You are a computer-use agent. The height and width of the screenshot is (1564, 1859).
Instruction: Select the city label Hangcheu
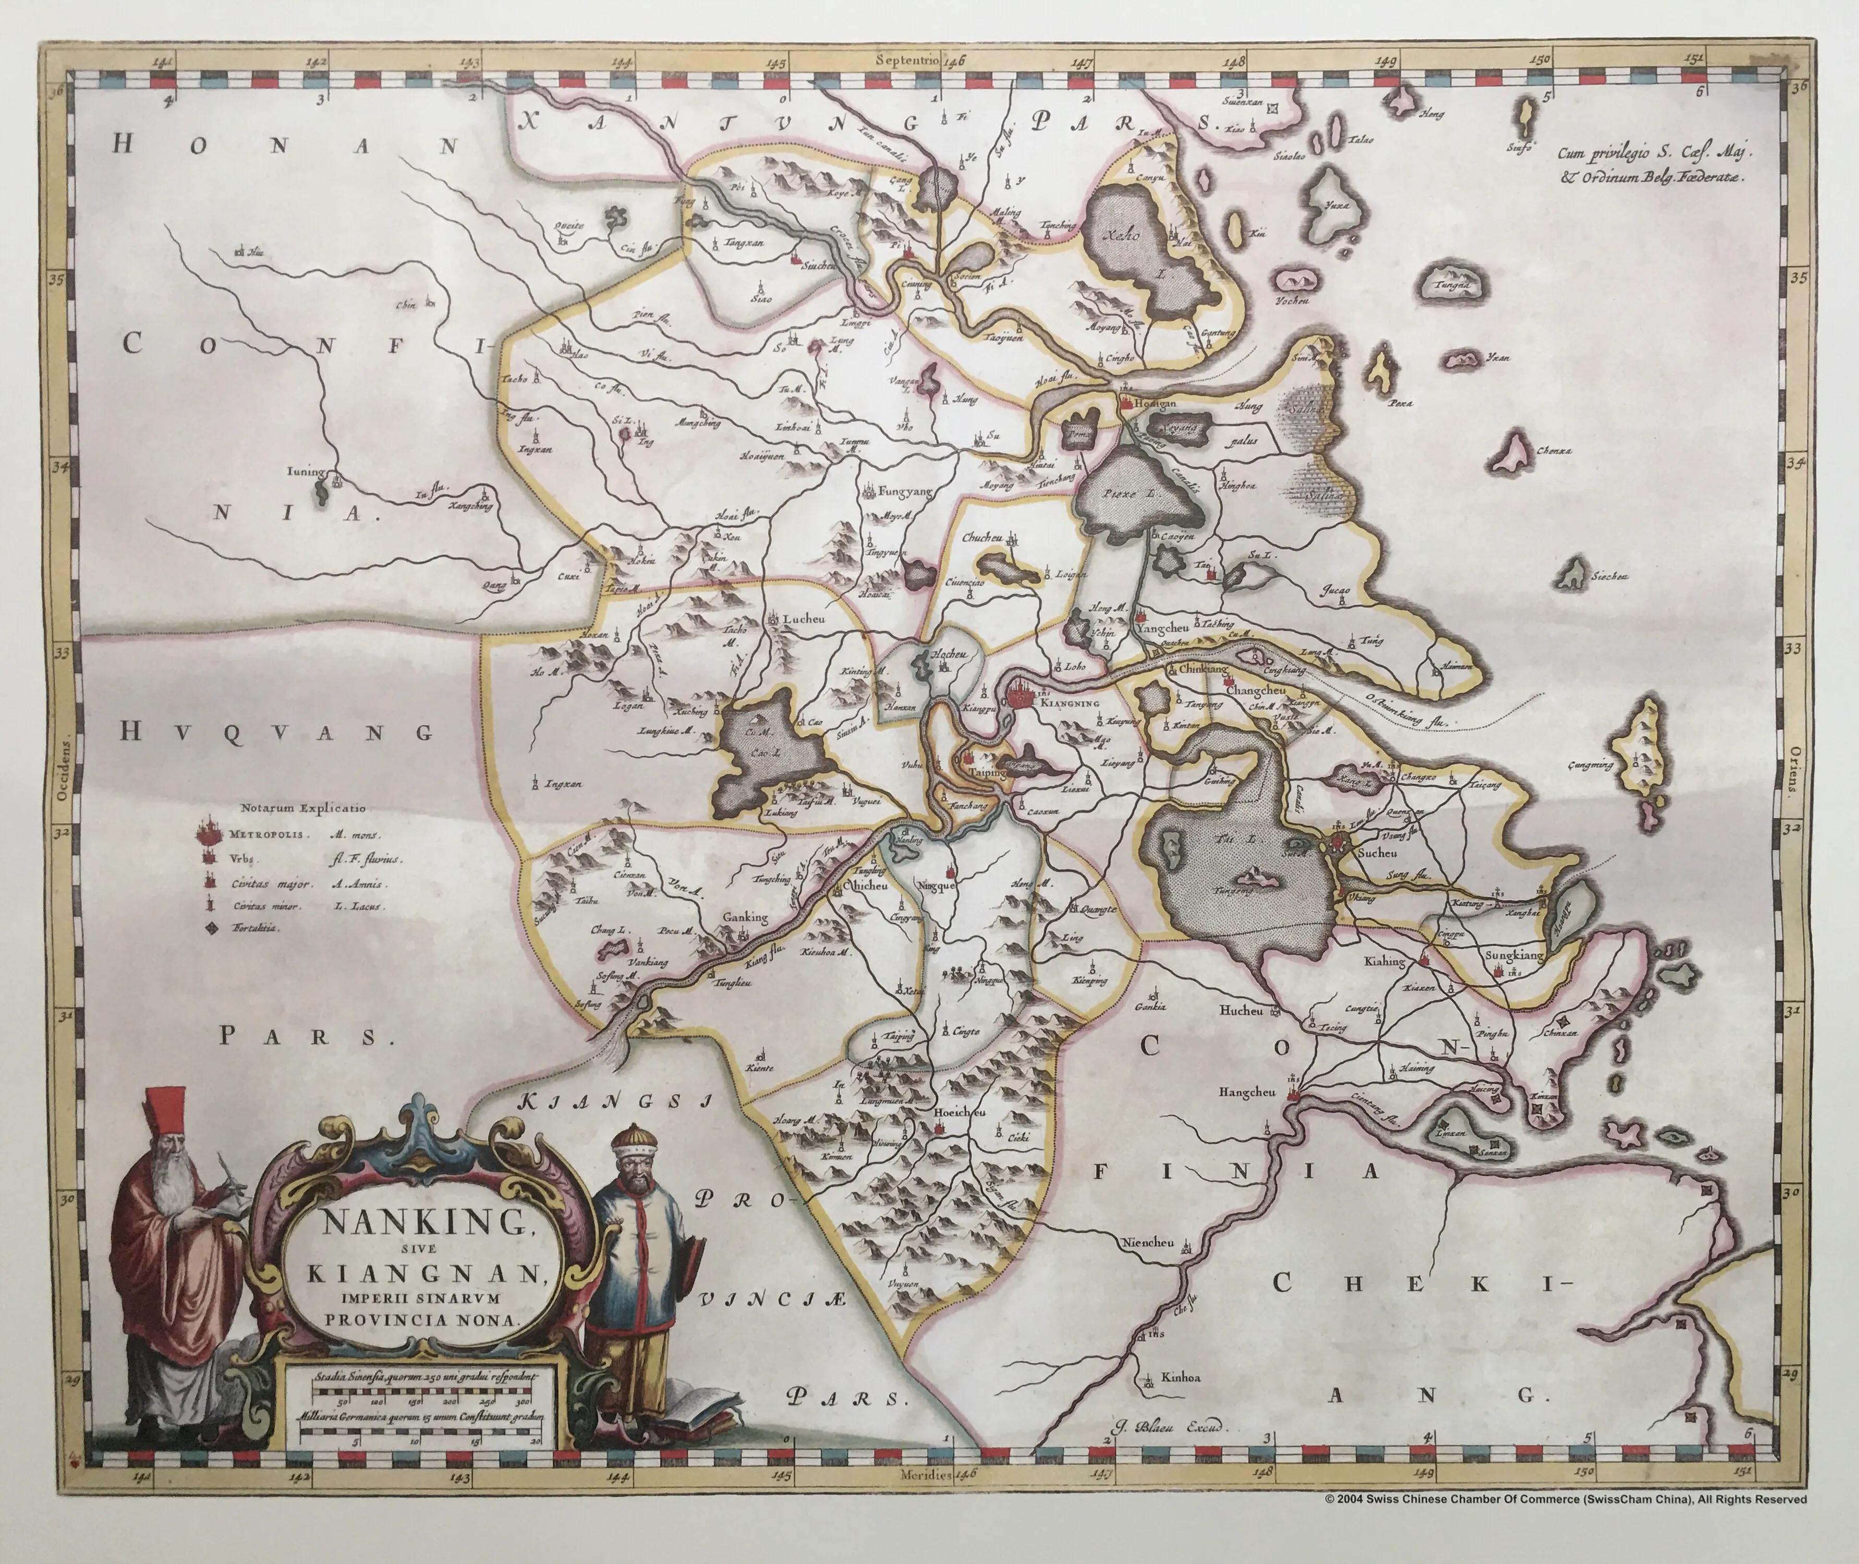[x=1246, y=1093]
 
